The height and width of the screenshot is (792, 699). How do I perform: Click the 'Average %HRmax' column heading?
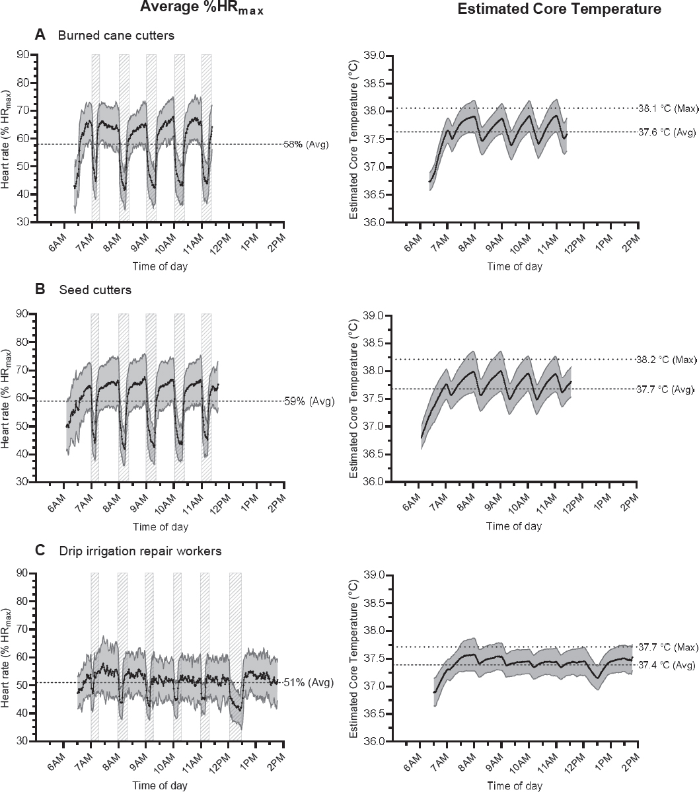(202, 9)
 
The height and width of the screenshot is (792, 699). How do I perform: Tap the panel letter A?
(40, 36)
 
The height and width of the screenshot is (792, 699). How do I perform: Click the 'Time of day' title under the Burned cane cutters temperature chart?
(515, 266)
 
